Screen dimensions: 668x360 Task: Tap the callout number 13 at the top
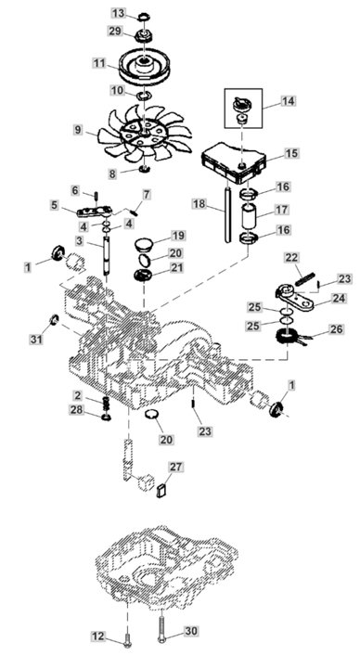(x=118, y=13)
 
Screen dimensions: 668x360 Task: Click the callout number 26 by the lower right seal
(x=335, y=328)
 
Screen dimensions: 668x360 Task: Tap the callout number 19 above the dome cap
(x=177, y=236)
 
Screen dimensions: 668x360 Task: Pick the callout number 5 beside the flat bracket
(x=55, y=206)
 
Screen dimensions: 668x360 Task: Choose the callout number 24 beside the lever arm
(x=339, y=299)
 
